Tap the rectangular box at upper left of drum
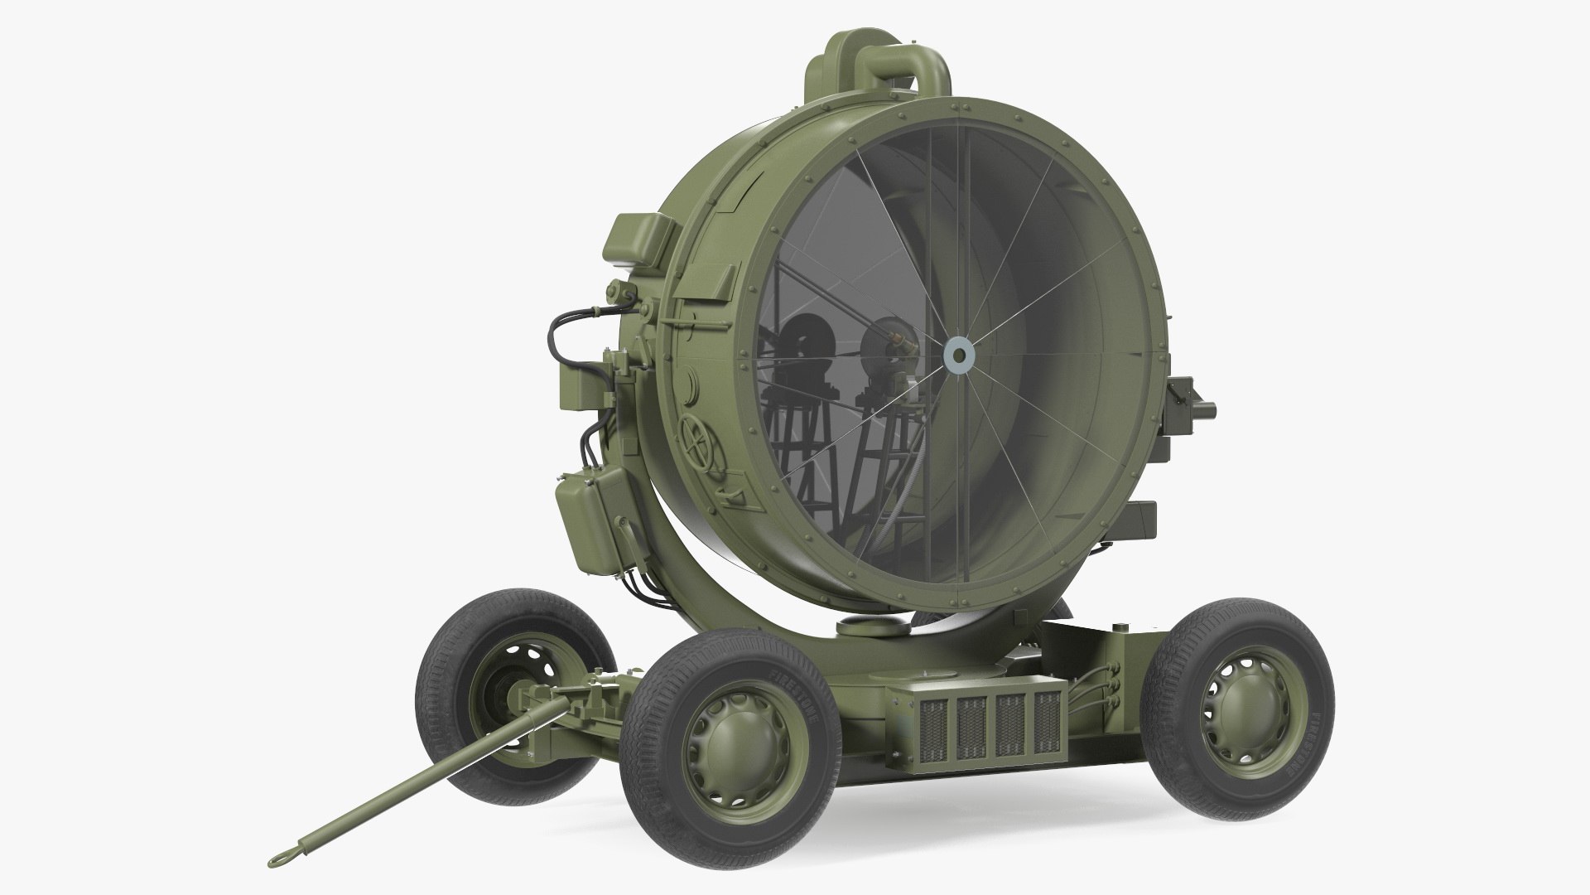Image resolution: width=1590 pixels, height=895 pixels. pyautogui.click(x=638, y=238)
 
